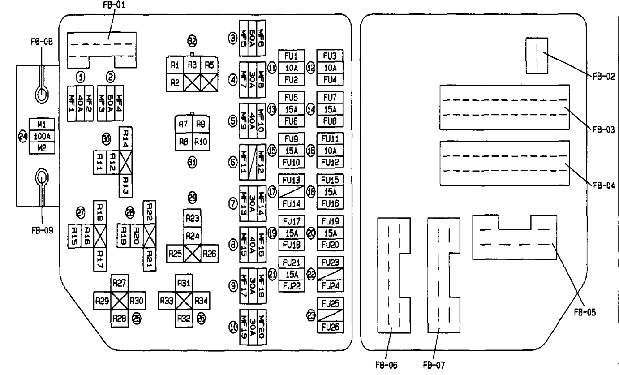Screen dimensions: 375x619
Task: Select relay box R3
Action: (x=193, y=65)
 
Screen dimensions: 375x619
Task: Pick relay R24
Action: (x=193, y=235)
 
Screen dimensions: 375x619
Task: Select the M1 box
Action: (x=41, y=124)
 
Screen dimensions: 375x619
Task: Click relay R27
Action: (x=120, y=283)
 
